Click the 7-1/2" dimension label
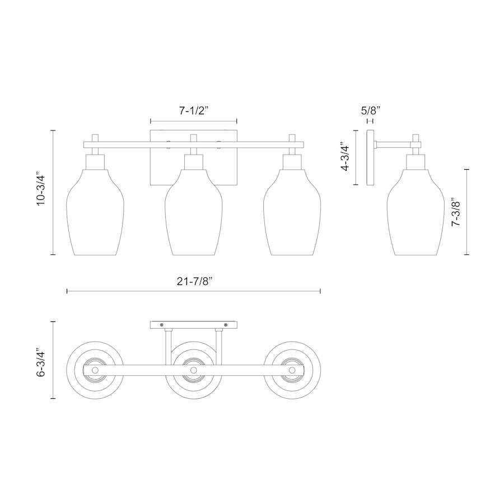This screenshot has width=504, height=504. (x=194, y=111)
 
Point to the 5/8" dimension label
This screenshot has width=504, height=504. (x=370, y=111)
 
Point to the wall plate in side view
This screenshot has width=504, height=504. (x=370, y=158)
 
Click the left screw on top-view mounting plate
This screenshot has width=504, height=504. (x=161, y=325)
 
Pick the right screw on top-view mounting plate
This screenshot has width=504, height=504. (x=226, y=325)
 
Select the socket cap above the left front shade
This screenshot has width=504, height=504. (x=95, y=162)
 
